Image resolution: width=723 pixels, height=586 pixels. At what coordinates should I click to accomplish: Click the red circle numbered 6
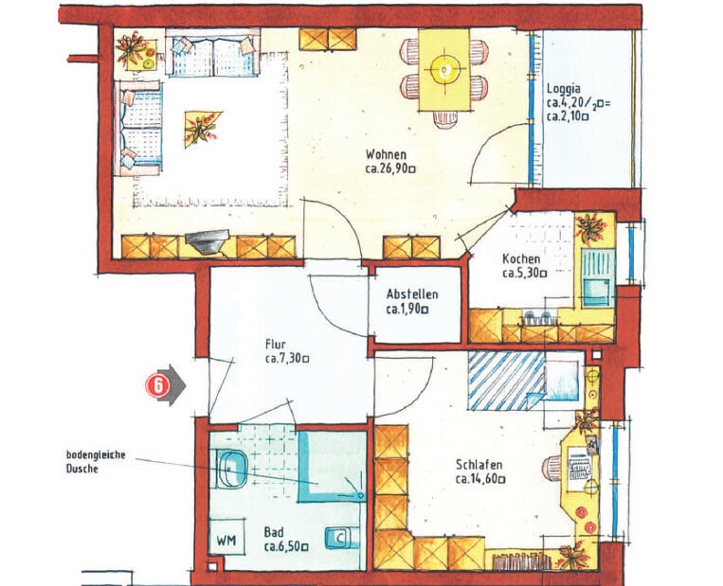[x=158, y=385]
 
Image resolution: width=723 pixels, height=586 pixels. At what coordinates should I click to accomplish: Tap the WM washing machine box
[x=226, y=537]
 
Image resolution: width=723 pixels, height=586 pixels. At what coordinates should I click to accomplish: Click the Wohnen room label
[x=386, y=154]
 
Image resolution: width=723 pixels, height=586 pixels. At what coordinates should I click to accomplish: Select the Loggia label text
[x=564, y=88]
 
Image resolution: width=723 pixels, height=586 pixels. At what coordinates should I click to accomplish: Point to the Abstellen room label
[x=412, y=293]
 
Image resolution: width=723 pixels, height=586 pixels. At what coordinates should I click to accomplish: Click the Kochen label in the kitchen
[x=521, y=258]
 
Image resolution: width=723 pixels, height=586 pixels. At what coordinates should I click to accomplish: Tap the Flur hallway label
[x=276, y=345]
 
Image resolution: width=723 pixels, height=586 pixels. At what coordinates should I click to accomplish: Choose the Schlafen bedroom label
[x=479, y=465]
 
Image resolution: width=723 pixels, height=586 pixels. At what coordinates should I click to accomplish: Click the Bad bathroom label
[x=274, y=533]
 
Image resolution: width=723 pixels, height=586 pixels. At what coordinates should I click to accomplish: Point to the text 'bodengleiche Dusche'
[x=96, y=462]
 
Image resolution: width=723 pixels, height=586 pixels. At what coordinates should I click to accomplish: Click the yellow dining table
[x=444, y=70]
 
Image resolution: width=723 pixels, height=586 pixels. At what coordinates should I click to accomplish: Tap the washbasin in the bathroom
[x=231, y=469]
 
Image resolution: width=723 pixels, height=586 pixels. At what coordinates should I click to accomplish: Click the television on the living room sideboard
[x=207, y=240]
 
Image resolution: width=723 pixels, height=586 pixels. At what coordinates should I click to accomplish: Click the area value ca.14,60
[x=480, y=479]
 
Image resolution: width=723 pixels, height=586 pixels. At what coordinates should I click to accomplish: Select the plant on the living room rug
[x=201, y=128]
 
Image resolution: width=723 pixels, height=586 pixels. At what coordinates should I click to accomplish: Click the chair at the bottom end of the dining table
[x=445, y=120]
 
